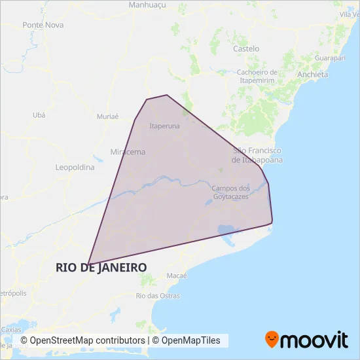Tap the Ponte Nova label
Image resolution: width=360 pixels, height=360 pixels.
pyautogui.click(x=43, y=25)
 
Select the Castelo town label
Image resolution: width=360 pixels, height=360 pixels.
pyautogui.click(x=246, y=48)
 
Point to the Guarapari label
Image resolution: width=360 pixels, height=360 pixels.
pyautogui.click(x=330, y=58)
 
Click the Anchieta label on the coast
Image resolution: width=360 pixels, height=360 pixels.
pyautogui.click(x=312, y=75)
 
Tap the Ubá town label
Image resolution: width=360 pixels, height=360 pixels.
pyautogui.click(x=39, y=115)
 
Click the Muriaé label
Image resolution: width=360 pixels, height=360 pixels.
pyautogui.click(x=107, y=117)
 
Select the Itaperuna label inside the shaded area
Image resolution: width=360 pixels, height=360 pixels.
pyautogui.click(x=164, y=126)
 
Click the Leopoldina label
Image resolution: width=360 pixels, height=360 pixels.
pyautogui.click(x=75, y=167)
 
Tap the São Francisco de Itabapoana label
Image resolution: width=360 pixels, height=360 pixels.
pyautogui.click(x=257, y=155)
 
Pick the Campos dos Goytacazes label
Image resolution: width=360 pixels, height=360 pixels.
pyautogui.click(x=230, y=192)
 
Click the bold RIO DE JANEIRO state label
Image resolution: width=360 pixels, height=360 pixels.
pyautogui.click(x=101, y=267)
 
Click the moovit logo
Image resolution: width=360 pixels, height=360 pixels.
pyautogui.click(x=306, y=339)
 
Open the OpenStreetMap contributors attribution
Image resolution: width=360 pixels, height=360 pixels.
pyautogui.click(x=82, y=340)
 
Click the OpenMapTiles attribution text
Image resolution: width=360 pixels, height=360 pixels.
pyautogui.click(x=190, y=340)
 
